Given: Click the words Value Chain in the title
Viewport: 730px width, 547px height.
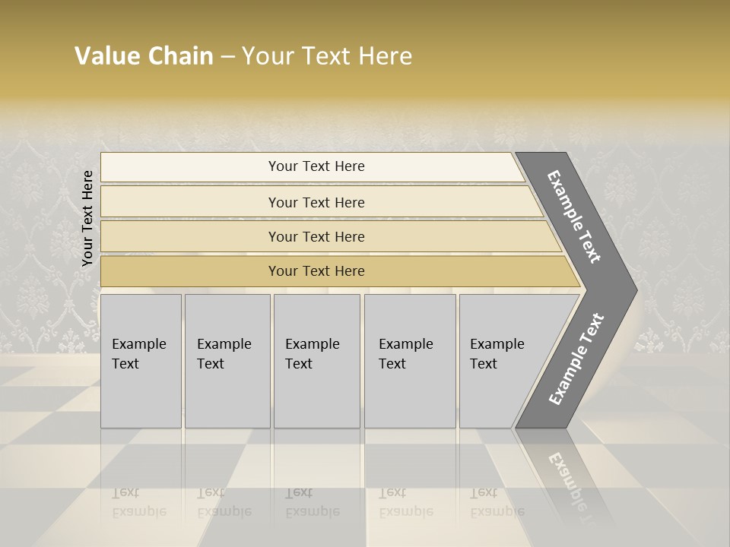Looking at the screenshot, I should pos(144,55).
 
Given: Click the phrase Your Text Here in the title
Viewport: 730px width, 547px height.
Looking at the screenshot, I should pos(327,55).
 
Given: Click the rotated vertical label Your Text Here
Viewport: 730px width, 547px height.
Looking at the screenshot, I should pos(87,218).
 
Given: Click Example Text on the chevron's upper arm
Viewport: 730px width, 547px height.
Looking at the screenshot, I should pos(574,217).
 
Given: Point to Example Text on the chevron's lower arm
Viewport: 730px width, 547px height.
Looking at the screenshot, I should pos(576,359).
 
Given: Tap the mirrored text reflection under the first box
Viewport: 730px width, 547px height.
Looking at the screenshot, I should pos(138,502).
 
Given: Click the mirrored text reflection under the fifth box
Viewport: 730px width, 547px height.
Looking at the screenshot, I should pos(497,502).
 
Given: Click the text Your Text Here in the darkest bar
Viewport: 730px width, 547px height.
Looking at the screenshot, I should pos(316,271).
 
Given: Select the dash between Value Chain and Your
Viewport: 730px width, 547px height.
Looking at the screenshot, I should pos(227,56).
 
